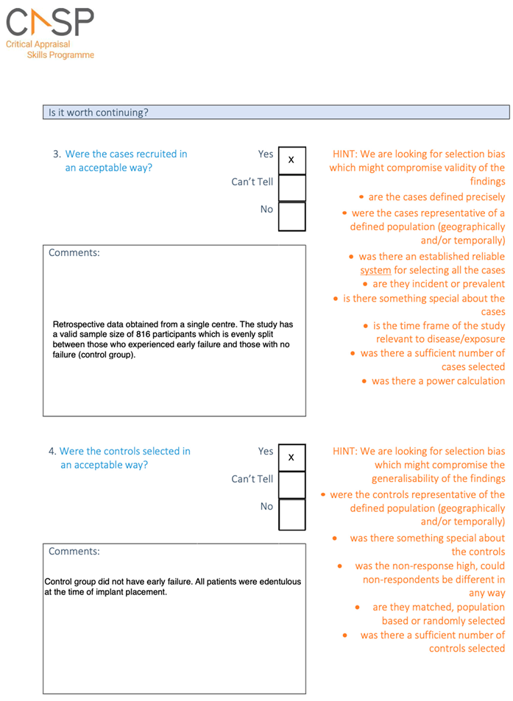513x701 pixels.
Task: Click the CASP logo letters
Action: click(x=50, y=21)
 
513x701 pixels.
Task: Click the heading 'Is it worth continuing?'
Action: click(x=98, y=113)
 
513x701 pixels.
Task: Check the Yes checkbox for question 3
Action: click(x=291, y=160)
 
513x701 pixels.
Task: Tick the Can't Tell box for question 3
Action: click(x=291, y=188)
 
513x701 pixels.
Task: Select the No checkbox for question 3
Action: click(x=291, y=216)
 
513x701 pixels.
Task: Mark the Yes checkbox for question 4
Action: click(x=291, y=458)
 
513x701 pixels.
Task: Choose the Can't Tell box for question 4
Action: click(x=291, y=485)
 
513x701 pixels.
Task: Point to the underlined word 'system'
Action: click(x=375, y=271)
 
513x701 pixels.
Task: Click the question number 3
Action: click(x=56, y=154)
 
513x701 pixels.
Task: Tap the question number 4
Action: click(x=52, y=452)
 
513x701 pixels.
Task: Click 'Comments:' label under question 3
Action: click(x=74, y=253)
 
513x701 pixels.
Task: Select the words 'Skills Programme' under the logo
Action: click(x=60, y=55)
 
